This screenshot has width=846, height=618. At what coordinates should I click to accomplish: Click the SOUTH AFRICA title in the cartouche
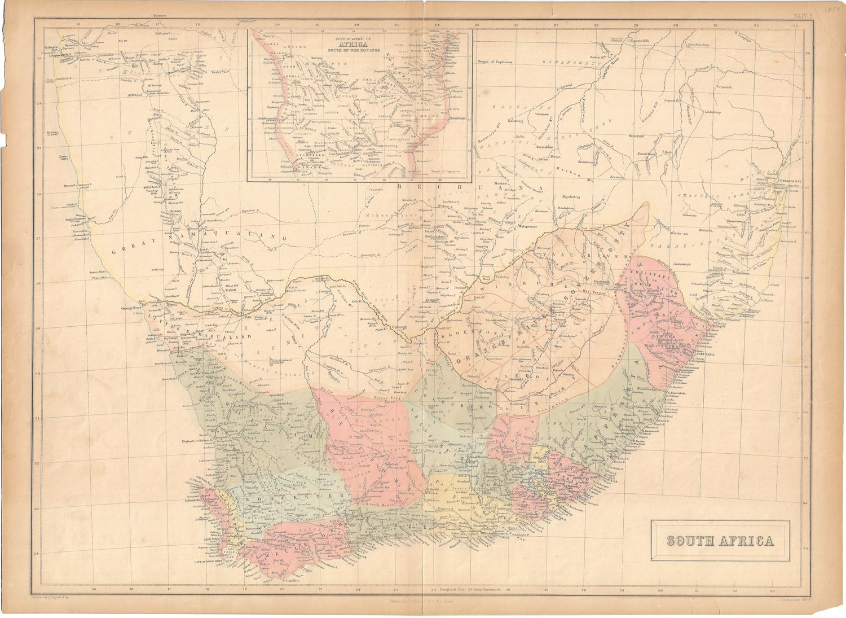pyautogui.click(x=720, y=541)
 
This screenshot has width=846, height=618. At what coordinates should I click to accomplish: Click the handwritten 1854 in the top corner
pyautogui.click(x=831, y=10)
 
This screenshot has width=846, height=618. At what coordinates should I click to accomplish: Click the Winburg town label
pyautogui.click(x=541, y=294)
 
